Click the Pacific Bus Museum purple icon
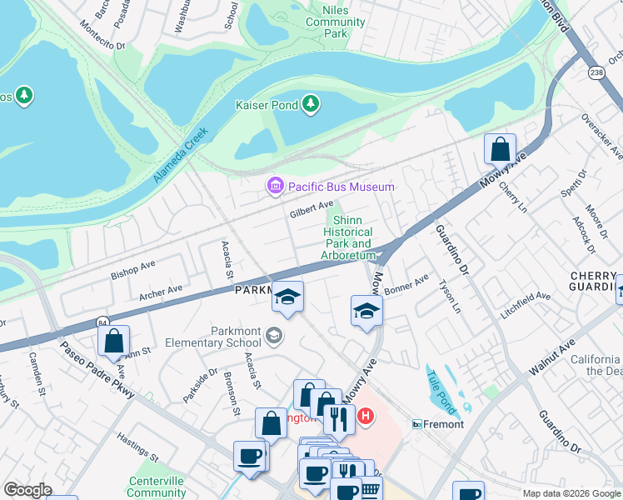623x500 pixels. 275,187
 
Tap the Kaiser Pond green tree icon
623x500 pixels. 311,103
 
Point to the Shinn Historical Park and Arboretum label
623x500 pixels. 348,237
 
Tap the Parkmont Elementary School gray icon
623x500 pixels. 273,336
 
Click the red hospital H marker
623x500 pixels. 364,414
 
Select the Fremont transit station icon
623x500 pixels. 417,424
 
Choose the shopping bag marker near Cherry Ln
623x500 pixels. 500,149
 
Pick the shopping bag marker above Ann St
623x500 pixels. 113,341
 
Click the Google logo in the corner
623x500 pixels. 27,490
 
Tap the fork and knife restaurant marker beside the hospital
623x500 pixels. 338,419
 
